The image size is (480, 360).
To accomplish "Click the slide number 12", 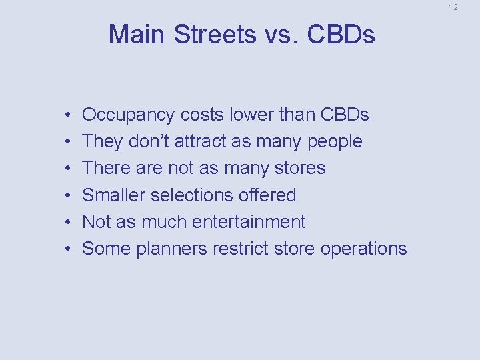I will [453, 7].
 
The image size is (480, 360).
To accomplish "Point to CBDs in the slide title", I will [342, 35].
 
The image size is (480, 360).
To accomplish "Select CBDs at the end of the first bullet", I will [345, 115].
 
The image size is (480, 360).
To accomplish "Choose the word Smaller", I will [113, 195].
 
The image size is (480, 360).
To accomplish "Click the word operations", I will [363, 249].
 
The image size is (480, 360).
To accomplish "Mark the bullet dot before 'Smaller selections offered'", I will [69, 195].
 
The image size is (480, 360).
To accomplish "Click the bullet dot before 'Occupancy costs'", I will [69, 115].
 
